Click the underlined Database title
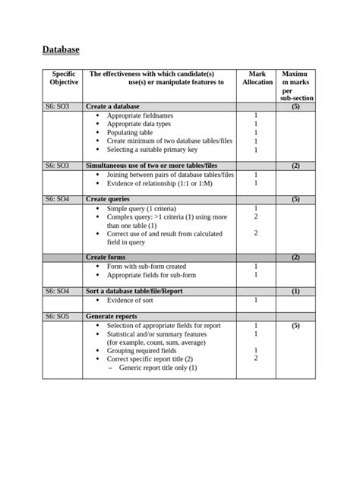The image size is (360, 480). tap(61, 49)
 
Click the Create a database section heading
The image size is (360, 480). tap(112, 107)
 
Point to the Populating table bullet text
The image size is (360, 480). tap(130, 132)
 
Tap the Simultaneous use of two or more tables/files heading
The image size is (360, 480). tap(151, 165)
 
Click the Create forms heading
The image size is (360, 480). tap(107, 257)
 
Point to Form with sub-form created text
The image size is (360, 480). tap(147, 267)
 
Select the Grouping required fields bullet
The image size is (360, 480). tap(142, 351)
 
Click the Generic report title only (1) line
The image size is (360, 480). tap(158, 368)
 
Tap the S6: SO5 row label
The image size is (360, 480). tap(56, 316)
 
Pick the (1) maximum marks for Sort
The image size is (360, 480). tap(295, 291)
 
